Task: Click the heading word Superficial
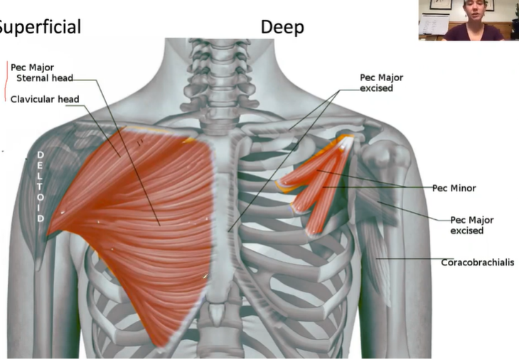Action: click(39, 27)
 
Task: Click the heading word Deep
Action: click(282, 28)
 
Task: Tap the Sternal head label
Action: click(44, 78)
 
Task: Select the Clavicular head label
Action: click(45, 99)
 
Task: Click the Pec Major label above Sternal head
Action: click(32, 68)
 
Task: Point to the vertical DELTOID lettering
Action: click(41, 186)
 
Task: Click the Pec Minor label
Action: click(454, 189)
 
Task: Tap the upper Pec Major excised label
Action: click(376, 83)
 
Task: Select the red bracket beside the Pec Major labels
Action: click(6, 80)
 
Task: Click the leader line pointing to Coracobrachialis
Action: click(412, 259)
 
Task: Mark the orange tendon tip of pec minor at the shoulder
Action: click(347, 140)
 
